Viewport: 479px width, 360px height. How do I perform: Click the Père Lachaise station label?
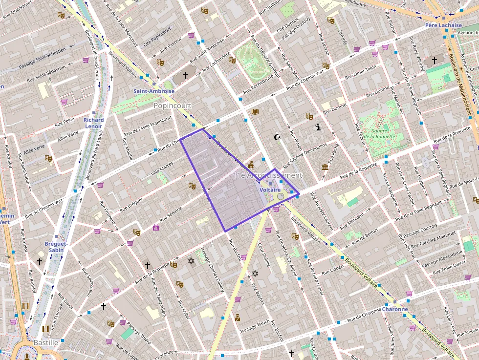(443, 25)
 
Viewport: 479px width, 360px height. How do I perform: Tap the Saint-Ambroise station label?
(154, 91)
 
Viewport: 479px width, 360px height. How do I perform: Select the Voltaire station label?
(270, 189)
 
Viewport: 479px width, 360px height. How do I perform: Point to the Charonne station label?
(395, 309)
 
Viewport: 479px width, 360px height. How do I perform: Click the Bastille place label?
(45, 343)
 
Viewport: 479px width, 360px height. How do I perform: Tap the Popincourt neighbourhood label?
(173, 106)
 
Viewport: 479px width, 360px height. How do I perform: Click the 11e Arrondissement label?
(267, 175)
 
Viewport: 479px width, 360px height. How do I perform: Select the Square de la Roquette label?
(379, 133)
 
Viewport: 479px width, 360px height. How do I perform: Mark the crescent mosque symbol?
(278, 137)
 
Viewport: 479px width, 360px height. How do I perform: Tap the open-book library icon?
(255, 112)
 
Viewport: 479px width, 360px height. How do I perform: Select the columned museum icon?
(325, 168)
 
